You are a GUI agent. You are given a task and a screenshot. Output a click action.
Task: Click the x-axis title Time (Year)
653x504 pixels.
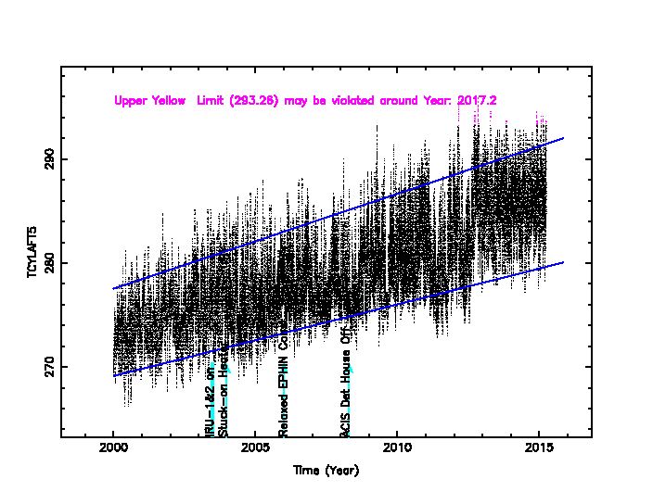click(x=326, y=470)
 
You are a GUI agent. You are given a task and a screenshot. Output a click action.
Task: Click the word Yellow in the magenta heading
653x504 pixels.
click(x=172, y=100)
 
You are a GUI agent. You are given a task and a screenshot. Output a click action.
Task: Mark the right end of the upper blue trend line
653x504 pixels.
click(x=563, y=138)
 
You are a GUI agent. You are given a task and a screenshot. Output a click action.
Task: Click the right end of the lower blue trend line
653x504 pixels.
click(x=563, y=262)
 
